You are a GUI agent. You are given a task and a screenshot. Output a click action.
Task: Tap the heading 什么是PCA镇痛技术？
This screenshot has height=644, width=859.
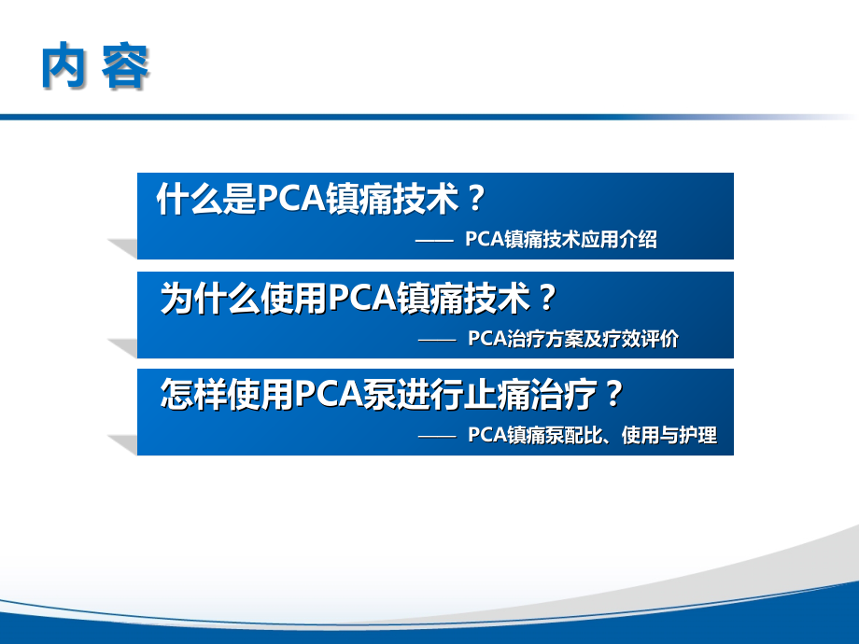(x=322, y=199)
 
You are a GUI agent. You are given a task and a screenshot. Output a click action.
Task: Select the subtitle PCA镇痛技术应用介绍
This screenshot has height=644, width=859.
(x=560, y=240)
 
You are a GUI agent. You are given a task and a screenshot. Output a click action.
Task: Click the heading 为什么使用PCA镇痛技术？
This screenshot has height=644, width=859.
(x=359, y=298)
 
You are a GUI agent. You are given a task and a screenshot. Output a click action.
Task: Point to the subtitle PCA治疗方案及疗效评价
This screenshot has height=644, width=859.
(x=573, y=339)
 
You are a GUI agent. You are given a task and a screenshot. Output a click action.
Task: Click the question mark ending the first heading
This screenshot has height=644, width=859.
(x=476, y=199)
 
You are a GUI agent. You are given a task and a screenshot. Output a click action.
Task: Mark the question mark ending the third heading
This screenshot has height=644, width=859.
(x=613, y=395)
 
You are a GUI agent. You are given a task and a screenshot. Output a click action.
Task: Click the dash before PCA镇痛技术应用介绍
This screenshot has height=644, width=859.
(x=432, y=241)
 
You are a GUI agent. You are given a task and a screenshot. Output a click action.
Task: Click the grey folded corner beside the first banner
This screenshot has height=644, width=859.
(x=122, y=248)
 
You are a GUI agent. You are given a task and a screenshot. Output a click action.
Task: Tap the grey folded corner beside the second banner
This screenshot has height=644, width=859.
(x=122, y=347)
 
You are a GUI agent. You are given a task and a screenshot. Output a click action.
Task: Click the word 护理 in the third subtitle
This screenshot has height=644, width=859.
(x=700, y=436)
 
